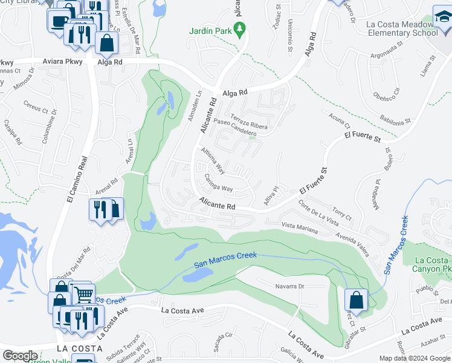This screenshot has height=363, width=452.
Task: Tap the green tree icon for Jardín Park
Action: pos(240,28)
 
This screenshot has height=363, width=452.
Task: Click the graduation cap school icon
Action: pos(442,18)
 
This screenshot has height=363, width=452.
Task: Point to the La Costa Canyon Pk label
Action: pos(431,264)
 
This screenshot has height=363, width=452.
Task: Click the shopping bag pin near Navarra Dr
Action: pos(356,299)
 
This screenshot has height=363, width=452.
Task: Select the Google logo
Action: pos(20,356)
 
